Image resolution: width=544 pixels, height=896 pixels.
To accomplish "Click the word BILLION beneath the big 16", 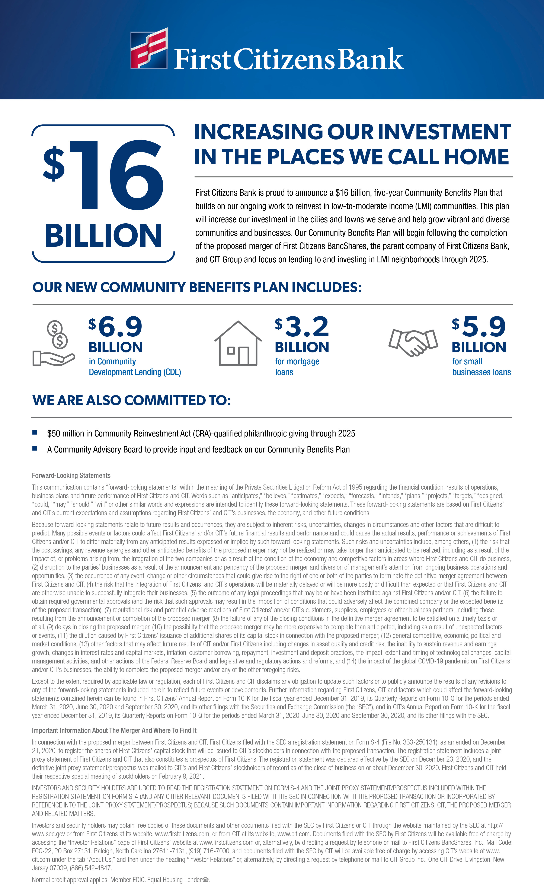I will click(103, 236).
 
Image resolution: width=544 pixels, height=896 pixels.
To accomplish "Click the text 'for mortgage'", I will click(297, 361).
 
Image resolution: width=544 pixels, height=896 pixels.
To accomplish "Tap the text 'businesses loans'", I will click(481, 372).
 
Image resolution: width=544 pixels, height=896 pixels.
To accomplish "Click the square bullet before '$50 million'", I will click(35, 432).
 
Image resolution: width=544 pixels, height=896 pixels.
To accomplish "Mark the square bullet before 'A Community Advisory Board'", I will click(35, 448).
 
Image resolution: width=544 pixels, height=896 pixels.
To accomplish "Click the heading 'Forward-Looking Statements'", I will click(71, 476).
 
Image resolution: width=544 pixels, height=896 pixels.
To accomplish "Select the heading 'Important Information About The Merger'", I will click(114, 730).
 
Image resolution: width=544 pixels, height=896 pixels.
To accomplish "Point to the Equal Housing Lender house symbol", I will click(205, 879).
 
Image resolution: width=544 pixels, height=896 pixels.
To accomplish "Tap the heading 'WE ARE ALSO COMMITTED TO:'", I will click(132, 400).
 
